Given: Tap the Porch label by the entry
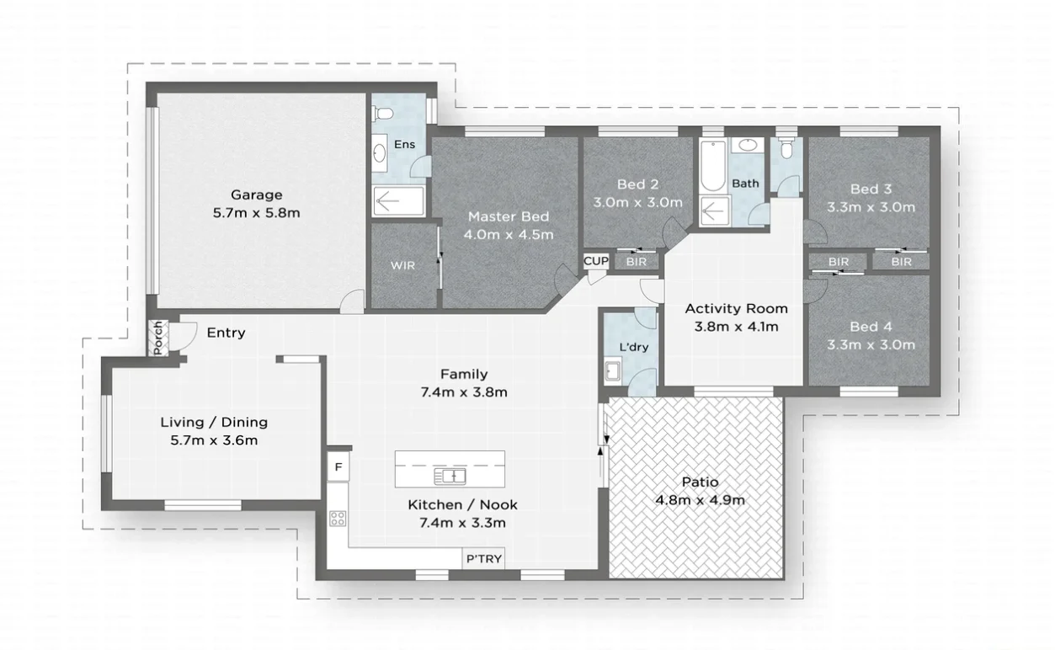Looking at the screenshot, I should click(x=157, y=338).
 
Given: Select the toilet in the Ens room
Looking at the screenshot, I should click(x=384, y=113).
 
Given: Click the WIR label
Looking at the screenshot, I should click(x=402, y=265).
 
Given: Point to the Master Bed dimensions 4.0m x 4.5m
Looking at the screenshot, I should click(x=509, y=234).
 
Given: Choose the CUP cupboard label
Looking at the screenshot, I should click(x=595, y=261).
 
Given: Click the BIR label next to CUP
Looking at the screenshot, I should click(x=637, y=262).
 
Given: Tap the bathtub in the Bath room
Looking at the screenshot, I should click(x=711, y=168).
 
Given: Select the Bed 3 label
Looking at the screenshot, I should click(x=871, y=189).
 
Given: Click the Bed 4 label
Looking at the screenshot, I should click(x=871, y=327).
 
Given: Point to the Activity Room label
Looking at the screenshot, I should click(x=736, y=308).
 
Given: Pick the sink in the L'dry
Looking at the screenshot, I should click(x=612, y=370).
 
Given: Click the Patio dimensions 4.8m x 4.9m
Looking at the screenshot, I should click(x=700, y=500).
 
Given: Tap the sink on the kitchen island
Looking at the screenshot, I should click(x=450, y=477).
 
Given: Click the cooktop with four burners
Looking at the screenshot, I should click(x=338, y=519).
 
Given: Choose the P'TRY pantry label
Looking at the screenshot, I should click(x=484, y=559).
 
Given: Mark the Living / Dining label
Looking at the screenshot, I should click(x=214, y=423).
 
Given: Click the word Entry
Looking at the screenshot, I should click(x=226, y=333).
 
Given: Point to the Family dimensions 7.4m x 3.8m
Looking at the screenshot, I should click(x=464, y=392).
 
